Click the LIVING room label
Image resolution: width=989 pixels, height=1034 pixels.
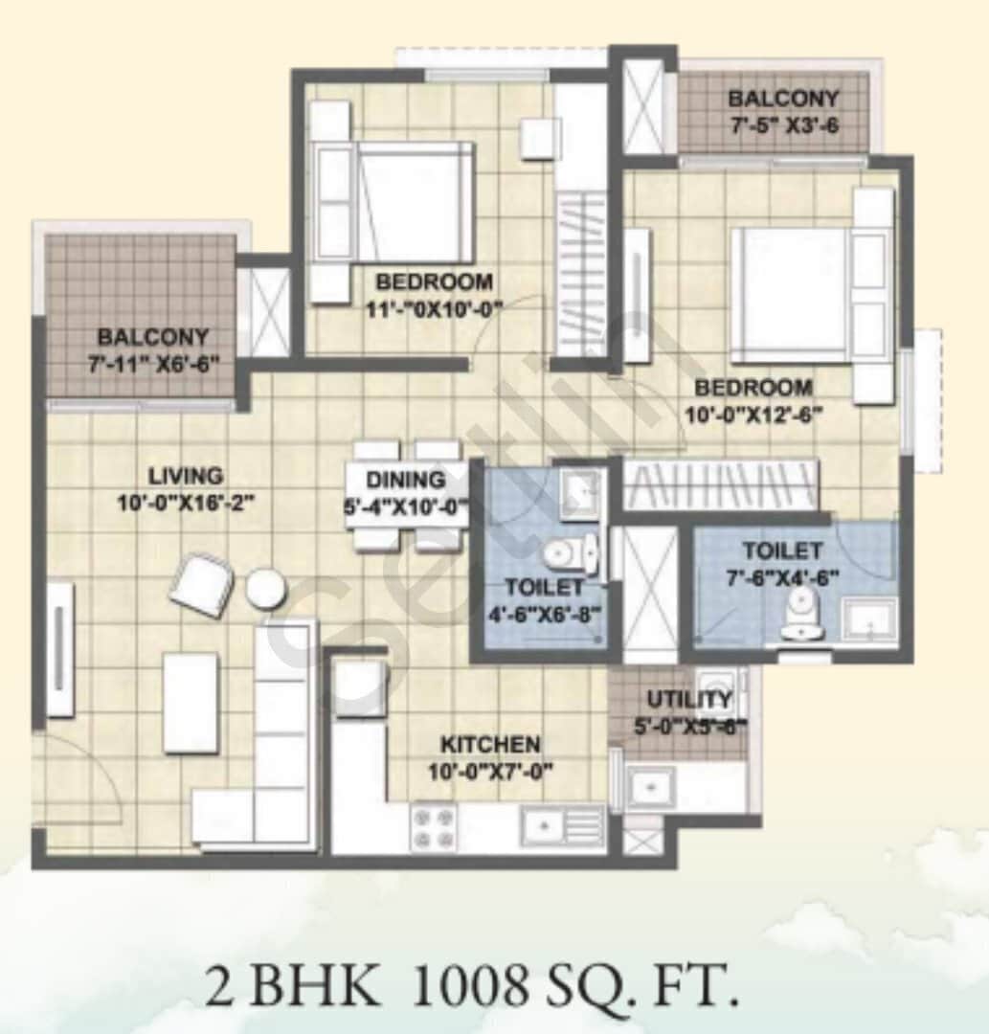[x=186, y=475]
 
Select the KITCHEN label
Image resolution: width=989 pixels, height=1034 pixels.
[x=490, y=744]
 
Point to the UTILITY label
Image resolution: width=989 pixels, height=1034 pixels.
[x=689, y=699]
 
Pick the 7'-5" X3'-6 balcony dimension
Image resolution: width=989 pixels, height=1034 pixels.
[x=784, y=124]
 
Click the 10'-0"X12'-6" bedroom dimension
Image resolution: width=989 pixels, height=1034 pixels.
[x=753, y=414]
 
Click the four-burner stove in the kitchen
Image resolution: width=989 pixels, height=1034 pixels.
[x=433, y=827]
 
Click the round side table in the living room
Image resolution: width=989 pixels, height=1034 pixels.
[x=264, y=588]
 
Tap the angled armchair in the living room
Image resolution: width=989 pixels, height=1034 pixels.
[x=202, y=585]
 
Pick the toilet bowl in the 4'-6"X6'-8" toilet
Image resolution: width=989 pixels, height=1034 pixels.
[x=565, y=553]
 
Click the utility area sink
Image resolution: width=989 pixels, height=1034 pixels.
[x=650, y=787]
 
